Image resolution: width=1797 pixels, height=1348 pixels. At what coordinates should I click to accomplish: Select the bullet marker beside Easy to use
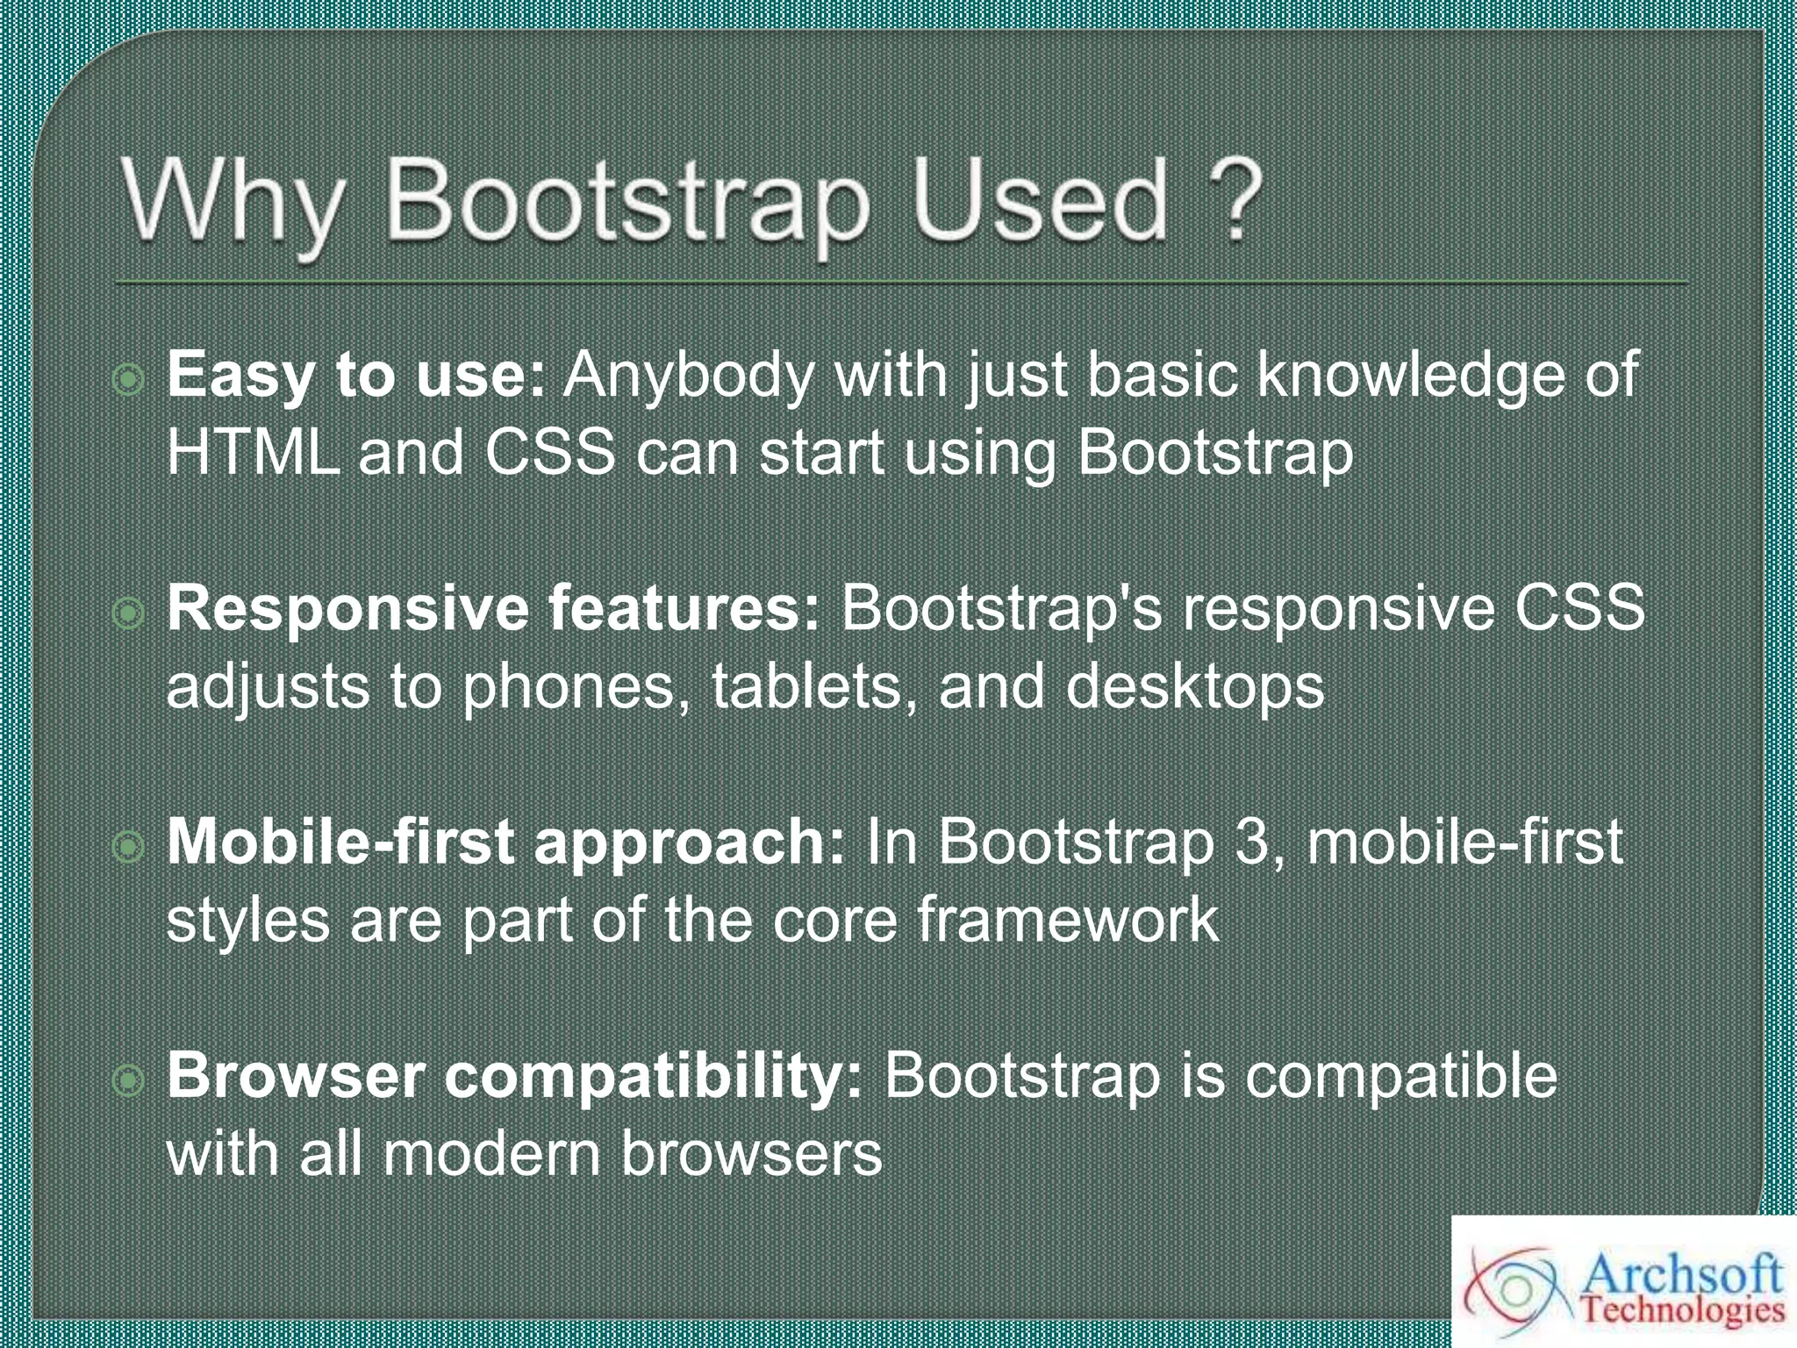pos(128,380)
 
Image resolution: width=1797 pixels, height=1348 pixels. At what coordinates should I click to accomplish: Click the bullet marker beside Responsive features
pos(128,613)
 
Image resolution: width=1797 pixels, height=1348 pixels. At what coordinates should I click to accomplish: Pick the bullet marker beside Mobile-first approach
pos(128,847)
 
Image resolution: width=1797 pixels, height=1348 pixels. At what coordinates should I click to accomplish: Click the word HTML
pos(253,454)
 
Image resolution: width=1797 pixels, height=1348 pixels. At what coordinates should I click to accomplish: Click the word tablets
pos(806,686)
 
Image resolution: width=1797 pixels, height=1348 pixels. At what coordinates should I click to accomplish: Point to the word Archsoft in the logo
pos(1681,1273)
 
